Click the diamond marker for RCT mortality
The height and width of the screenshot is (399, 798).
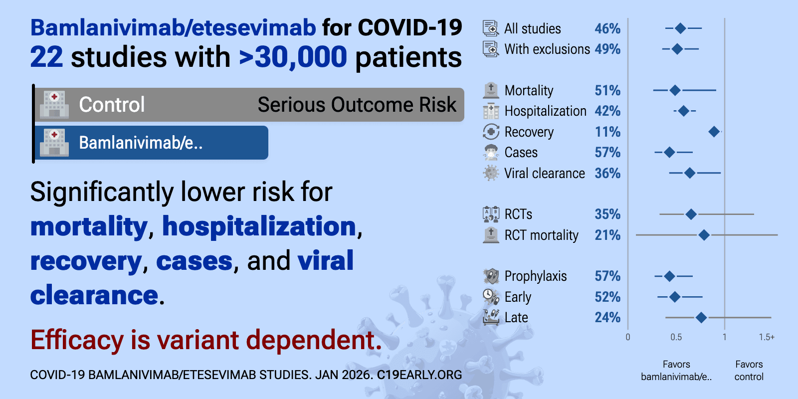point(704,235)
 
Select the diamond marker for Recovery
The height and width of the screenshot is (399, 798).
point(714,132)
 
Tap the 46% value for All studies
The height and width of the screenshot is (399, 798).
point(607,29)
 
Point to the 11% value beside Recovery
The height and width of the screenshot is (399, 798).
point(607,132)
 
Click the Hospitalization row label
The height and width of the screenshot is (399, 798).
point(545,111)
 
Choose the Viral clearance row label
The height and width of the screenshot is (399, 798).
point(544,174)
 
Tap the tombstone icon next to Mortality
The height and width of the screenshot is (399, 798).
point(491,90)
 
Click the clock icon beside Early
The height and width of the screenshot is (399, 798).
point(491,297)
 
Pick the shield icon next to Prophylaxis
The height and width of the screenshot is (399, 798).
point(491,276)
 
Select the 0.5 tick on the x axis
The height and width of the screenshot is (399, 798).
point(676,337)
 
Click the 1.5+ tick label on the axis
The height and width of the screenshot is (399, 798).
point(767,337)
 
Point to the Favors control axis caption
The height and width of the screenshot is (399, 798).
point(749,371)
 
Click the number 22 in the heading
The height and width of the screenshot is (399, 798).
point(46,57)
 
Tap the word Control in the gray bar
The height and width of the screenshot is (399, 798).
point(112,105)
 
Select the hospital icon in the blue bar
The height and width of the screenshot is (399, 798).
point(54,143)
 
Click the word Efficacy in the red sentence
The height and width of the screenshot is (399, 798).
point(77,340)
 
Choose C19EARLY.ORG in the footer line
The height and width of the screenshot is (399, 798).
point(419,375)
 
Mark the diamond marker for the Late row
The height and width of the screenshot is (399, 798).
point(701,318)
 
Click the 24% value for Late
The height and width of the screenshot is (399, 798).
point(607,318)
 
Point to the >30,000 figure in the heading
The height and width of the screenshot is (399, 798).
point(293,57)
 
